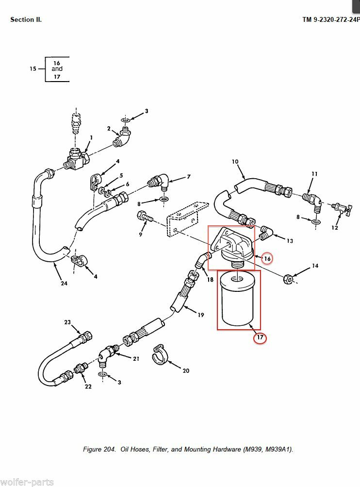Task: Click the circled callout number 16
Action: click(x=266, y=259)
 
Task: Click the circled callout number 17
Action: click(x=260, y=338)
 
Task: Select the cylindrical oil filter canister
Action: click(x=238, y=301)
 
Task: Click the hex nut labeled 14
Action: click(x=288, y=279)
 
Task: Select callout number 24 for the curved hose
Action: click(x=64, y=284)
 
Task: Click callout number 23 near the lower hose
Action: click(x=67, y=322)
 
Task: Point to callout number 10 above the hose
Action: click(x=235, y=162)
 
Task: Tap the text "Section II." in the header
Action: click(x=26, y=19)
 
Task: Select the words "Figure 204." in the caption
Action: click(x=99, y=449)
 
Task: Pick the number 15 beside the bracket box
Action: click(x=33, y=69)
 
